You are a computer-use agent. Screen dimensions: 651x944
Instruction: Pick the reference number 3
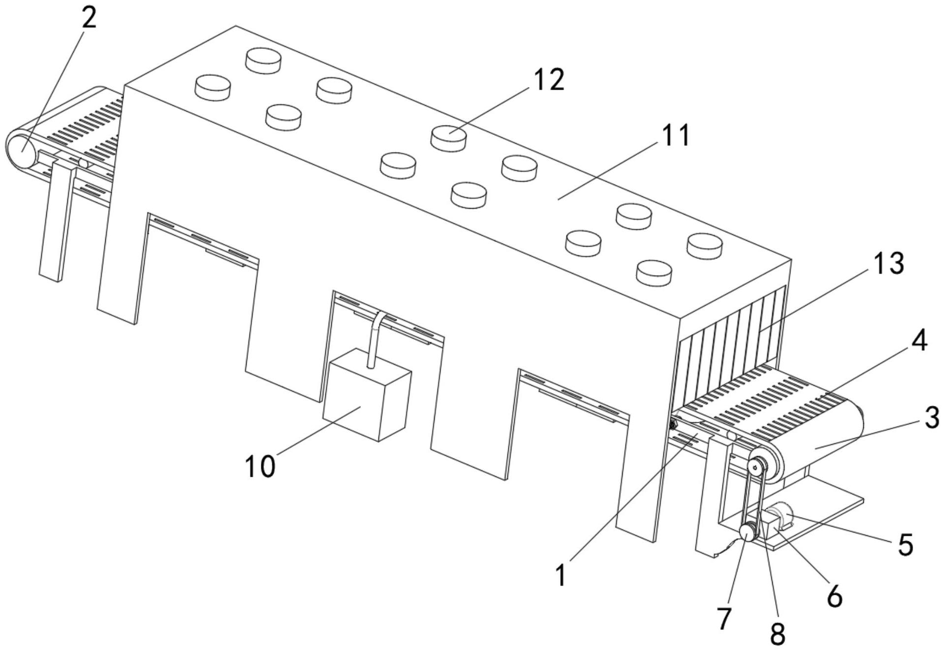(931, 418)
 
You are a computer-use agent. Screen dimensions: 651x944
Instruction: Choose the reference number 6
(835, 596)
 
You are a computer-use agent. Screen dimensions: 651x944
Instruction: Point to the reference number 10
(260, 465)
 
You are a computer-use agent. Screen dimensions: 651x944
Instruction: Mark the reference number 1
(561, 576)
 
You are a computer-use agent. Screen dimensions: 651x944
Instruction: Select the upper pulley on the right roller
(757, 465)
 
